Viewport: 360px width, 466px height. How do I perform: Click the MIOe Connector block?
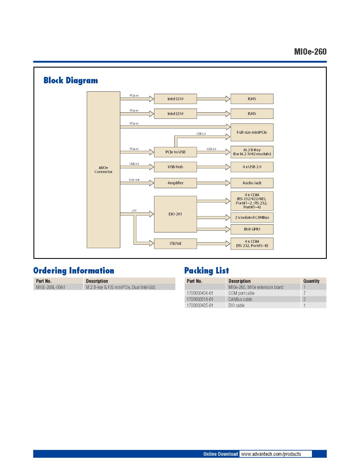[x=103, y=170]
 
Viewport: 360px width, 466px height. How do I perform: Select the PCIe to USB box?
[x=175, y=152]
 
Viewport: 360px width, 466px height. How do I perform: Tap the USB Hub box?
[x=175, y=167]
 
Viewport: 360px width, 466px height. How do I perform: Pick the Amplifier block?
[x=175, y=183]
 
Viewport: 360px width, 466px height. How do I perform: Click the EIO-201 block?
[x=175, y=214]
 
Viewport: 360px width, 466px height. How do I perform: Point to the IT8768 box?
[x=175, y=243]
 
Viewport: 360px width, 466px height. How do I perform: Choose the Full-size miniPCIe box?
[x=252, y=132]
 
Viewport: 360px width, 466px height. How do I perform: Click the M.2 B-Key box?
[x=252, y=152]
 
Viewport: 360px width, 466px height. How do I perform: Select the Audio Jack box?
[x=252, y=183]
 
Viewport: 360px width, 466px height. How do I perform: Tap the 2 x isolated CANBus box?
[x=252, y=218]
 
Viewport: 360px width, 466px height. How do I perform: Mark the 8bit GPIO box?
[x=252, y=229]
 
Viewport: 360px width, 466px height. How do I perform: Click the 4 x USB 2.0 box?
[x=252, y=167]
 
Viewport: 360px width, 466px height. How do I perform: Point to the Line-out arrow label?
[x=134, y=180]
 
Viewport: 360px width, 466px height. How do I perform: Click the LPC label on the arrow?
[x=134, y=211]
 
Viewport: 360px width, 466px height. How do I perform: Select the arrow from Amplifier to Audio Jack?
[x=213, y=183]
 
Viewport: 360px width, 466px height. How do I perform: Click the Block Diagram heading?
[x=71, y=80]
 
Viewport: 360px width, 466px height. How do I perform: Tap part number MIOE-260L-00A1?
[x=51, y=287]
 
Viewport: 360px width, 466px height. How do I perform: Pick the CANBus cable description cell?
[x=240, y=299]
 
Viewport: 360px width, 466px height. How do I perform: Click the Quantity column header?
[x=311, y=281]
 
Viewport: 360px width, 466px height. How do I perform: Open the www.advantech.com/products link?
[x=271, y=454]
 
